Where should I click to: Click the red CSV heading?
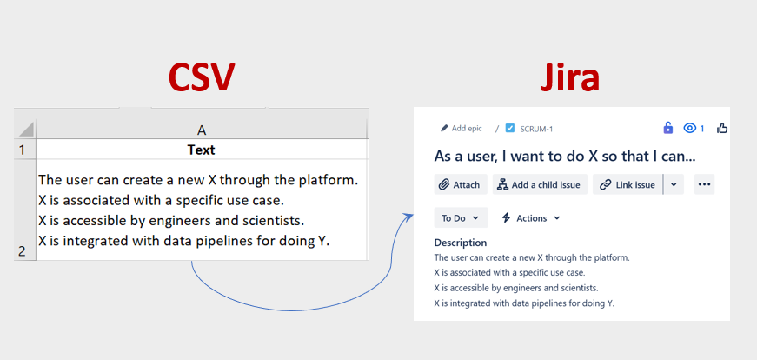point(202,77)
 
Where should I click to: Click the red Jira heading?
point(569,77)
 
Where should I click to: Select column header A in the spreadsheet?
point(202,130)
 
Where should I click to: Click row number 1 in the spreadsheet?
point(22,150)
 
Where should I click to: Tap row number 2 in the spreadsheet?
point(22,251)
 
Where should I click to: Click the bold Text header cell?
point(202,150)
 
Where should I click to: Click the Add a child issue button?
point(540,184)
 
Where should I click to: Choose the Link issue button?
point(628,184)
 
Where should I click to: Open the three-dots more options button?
point(704,184)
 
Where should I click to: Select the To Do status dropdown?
point(461,218)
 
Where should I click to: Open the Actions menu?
point(531,218)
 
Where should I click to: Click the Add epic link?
point(461,129)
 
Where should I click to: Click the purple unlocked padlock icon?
point(668,128)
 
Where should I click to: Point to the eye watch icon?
point(690,128)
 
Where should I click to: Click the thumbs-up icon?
point(722,128)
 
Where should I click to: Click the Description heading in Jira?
point(461,243)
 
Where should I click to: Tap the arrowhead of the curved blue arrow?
point(409,216)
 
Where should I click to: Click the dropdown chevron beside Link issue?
point(674,184)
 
